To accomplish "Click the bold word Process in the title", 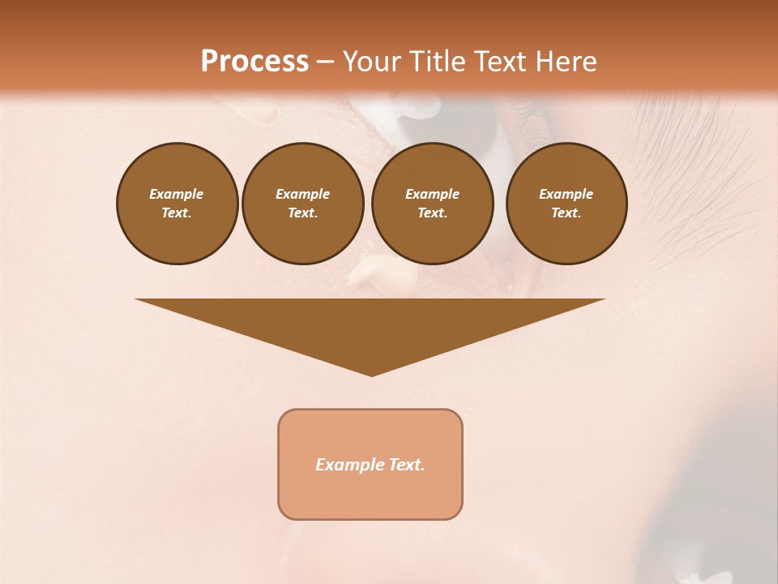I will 254,62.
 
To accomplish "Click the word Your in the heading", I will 369,62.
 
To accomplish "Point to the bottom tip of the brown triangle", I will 371,374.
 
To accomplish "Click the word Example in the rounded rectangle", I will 348,465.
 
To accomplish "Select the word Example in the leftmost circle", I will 177,194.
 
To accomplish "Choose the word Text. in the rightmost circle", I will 566,213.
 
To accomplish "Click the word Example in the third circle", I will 432,194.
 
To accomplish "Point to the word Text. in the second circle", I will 302,213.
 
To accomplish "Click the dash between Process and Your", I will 325,62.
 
